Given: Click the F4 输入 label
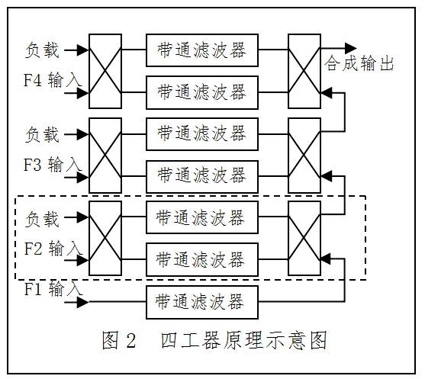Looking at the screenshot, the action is [53, 80].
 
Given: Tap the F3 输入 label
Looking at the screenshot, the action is [53, 164].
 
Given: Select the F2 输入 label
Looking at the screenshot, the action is [53, 249].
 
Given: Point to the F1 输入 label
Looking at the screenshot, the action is [53, 288].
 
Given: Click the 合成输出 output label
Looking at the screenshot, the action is [359, 63].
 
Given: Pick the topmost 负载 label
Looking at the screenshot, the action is [42, 50].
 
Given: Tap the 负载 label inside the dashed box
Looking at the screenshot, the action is [42, 219].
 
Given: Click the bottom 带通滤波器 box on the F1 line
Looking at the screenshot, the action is [202, 302].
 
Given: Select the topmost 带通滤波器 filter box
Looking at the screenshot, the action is [202, 50].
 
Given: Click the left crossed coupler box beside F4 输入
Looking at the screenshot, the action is [105, 71].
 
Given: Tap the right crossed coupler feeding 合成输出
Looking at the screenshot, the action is [304, 71].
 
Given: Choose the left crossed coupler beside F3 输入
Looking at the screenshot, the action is [105, 156].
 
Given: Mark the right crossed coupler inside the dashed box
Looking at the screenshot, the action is [304, 238].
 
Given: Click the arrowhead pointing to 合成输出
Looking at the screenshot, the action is [351, 48].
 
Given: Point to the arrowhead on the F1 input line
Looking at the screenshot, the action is [82, 302].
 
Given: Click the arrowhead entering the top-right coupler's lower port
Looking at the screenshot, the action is [327, 92].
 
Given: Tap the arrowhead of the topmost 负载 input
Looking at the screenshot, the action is [82, 50].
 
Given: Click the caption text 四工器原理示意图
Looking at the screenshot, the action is [243, 340].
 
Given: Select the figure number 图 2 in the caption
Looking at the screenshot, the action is [119, 340].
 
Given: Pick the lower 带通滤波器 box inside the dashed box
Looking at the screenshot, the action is [202, 259].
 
